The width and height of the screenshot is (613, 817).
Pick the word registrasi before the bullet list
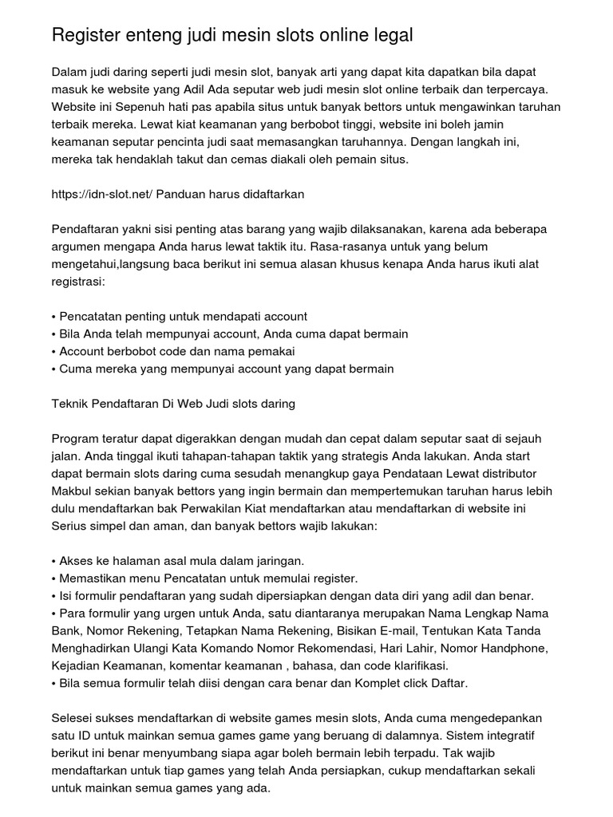tap(77, 282)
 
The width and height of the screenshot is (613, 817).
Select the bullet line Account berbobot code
tap(173, 352)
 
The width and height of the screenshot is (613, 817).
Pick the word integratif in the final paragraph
tap(530, 736)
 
